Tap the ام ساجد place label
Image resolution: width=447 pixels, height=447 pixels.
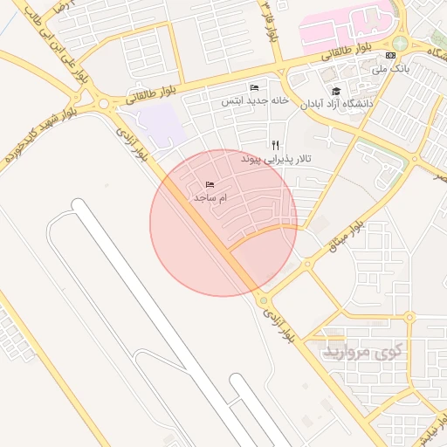point(210,199)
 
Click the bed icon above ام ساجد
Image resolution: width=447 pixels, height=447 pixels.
point(210,185)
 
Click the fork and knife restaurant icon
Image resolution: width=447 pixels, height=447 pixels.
point(276,145)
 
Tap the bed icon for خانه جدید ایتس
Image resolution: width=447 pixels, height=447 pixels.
point(254,88)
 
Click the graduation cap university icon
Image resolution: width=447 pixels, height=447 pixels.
point(336,90)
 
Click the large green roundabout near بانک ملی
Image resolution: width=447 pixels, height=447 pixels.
point(400,43)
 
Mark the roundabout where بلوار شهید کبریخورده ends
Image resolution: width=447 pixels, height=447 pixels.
point(106,104)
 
